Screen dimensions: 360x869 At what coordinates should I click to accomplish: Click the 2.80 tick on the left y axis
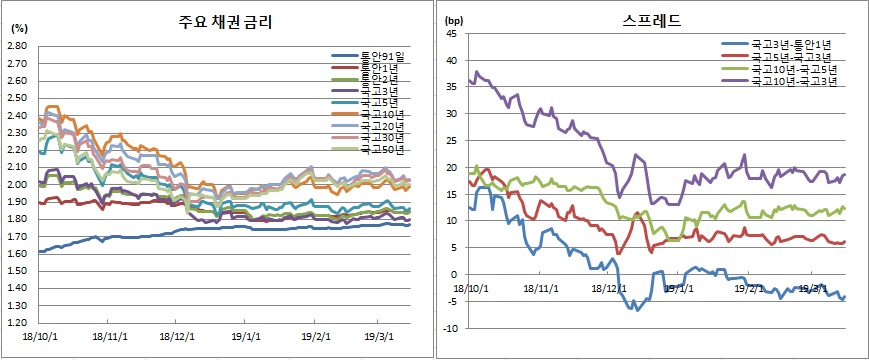coord(18,46)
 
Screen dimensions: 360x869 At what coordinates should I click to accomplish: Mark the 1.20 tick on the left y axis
coord(18,323)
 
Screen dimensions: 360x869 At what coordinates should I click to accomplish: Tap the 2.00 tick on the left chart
coord(18,185)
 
